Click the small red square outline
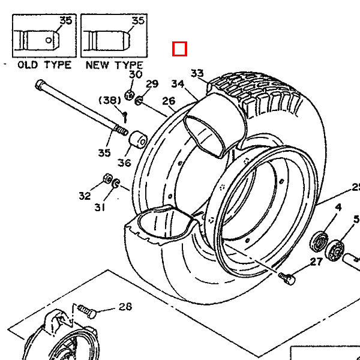click(179, 49)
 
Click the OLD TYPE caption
click(44, 65)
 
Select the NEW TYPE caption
click(114, 65)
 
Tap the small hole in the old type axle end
click(49, 40)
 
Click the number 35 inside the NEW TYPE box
click(138, 20)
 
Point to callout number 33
click(197, 73)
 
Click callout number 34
click(178, 84)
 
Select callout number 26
click(169, 101)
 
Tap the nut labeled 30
click(129, 95)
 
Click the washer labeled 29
click(139, 101)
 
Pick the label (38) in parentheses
click(110, 100)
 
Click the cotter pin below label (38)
click(125, 117)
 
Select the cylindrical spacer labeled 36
click(138, 140)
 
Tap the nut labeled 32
click(107, 179)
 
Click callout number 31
click(100, 208)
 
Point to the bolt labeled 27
click(287, 278)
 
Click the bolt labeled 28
click(87, 311)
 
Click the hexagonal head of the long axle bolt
click(40, 85)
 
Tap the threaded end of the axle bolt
click(121, 131)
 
